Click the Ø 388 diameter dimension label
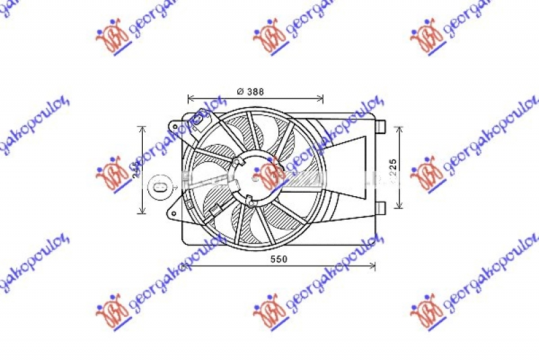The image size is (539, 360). click(x=250, y=92)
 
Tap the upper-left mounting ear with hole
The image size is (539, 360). click(x=174, y=127)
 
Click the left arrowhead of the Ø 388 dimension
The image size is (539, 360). click(x=191, y=98)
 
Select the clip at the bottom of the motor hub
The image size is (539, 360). click(x=249, y=199)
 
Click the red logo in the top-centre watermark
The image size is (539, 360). click(x=269, y=40)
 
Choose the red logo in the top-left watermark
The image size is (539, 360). click(x=113, y=40)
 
